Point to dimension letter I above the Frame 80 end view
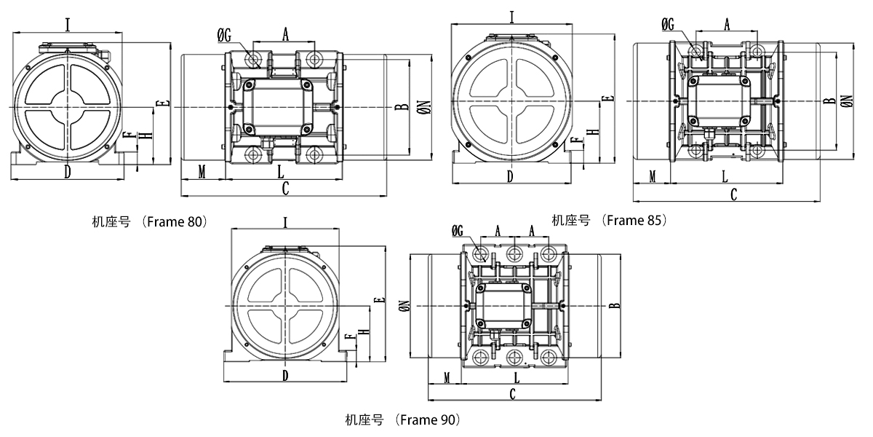(68, 25)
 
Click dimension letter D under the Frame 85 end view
(510, 176)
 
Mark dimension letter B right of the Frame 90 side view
(615, 305)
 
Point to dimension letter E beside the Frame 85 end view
(609, 98)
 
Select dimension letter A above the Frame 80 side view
(285, 34)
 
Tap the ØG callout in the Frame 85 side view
(668, 25)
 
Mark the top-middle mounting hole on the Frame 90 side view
(514, 254)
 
